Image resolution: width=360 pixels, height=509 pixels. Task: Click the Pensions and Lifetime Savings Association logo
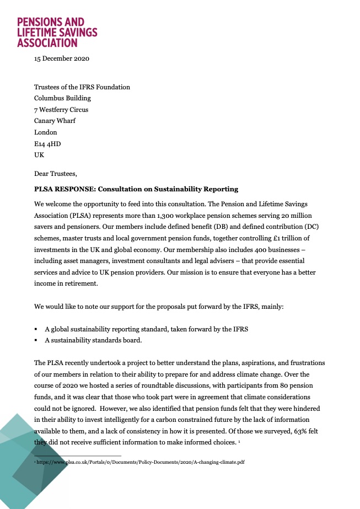tap(57, 32)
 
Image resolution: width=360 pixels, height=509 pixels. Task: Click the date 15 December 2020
tap(62, 58)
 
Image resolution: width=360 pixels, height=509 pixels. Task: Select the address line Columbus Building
tap(62, 98)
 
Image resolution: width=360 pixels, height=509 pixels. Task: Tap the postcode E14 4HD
tap(47, 144)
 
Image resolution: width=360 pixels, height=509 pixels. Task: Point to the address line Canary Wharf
tap(55, 121)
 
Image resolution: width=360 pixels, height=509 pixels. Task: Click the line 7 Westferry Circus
tap(61, 109)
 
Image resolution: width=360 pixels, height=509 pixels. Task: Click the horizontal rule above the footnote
tap(78, 456)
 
